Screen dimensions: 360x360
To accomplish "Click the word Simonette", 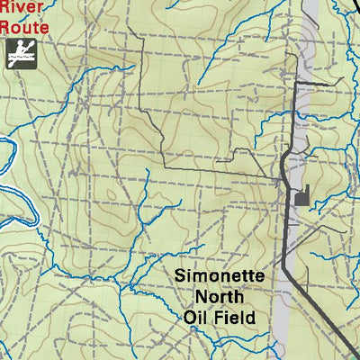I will pos(220,276).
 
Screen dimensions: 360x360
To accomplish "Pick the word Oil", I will pos(196,317).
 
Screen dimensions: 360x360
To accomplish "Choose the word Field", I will pos(236,317).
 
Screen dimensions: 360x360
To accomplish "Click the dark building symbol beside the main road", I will pos(301,194).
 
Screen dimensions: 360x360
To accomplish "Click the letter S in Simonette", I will pos(180,276).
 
